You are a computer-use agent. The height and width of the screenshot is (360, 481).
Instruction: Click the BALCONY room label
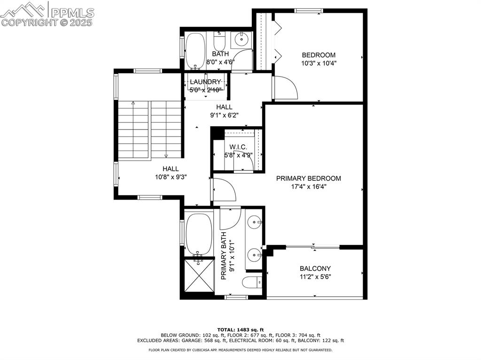point(315,268)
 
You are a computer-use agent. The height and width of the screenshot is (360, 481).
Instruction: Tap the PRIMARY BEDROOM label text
point(308,178)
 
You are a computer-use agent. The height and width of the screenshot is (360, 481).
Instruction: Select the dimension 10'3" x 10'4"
point(318,63)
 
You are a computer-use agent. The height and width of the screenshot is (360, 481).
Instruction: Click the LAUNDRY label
point(205,82)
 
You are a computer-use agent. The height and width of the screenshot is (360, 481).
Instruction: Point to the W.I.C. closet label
point(238,147)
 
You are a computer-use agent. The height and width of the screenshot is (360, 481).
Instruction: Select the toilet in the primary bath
point(252,283)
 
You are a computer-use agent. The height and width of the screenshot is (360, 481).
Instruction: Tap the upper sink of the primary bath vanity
point(255,221)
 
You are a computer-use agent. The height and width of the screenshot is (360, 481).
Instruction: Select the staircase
point(149,129)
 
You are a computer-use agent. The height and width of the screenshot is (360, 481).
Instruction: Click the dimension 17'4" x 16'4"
point(308,186)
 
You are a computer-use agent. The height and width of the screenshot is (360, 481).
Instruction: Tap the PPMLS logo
point(47,14)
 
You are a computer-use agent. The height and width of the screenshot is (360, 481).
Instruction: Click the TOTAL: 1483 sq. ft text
point(240,329)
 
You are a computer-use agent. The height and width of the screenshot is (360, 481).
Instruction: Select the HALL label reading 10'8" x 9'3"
point(170,173)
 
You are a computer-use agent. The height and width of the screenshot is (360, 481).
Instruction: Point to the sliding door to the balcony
point(312,246)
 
